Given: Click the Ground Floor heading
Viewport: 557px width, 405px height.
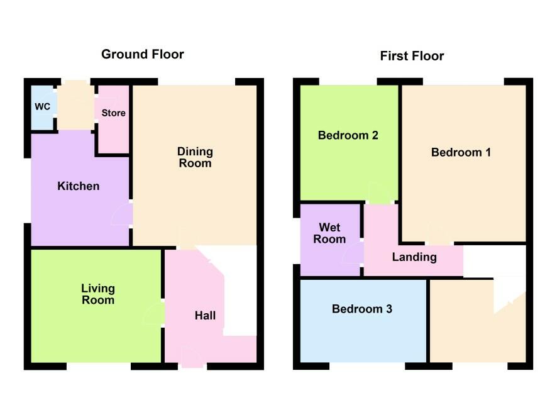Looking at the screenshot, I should pyautogui.click(x=143, y=54).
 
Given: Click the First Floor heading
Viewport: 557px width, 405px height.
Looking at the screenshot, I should pyautogui.click(x=412, y=56).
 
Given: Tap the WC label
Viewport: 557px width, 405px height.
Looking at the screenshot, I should pyautogui.click(x=42, y=106).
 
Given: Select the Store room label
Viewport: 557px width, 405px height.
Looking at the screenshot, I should pyautogui.click(x=114, y=113).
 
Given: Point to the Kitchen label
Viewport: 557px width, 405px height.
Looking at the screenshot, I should pyautogui.click(x=79, y=186).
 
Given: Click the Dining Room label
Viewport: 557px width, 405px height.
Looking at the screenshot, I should pyautogui.click(x=195, y=157).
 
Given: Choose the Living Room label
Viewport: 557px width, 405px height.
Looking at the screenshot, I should pyautogui.click(x=98, y=294).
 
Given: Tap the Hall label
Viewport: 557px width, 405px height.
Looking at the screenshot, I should pyautogui.click(x=205, y=315).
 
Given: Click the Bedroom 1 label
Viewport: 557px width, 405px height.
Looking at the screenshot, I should pyautogui.click(x=461, y=152).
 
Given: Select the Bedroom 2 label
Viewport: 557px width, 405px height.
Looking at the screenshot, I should pyautogui.click(x=348, y=135).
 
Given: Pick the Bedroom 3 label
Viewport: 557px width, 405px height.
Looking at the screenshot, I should pyautogui.click(x=362, y=309).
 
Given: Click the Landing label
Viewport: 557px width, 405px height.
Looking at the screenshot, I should pyautogui.click(x=414, y=257).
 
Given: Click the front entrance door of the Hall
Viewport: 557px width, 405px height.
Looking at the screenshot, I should pyautogui.click(x=192, y=357).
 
